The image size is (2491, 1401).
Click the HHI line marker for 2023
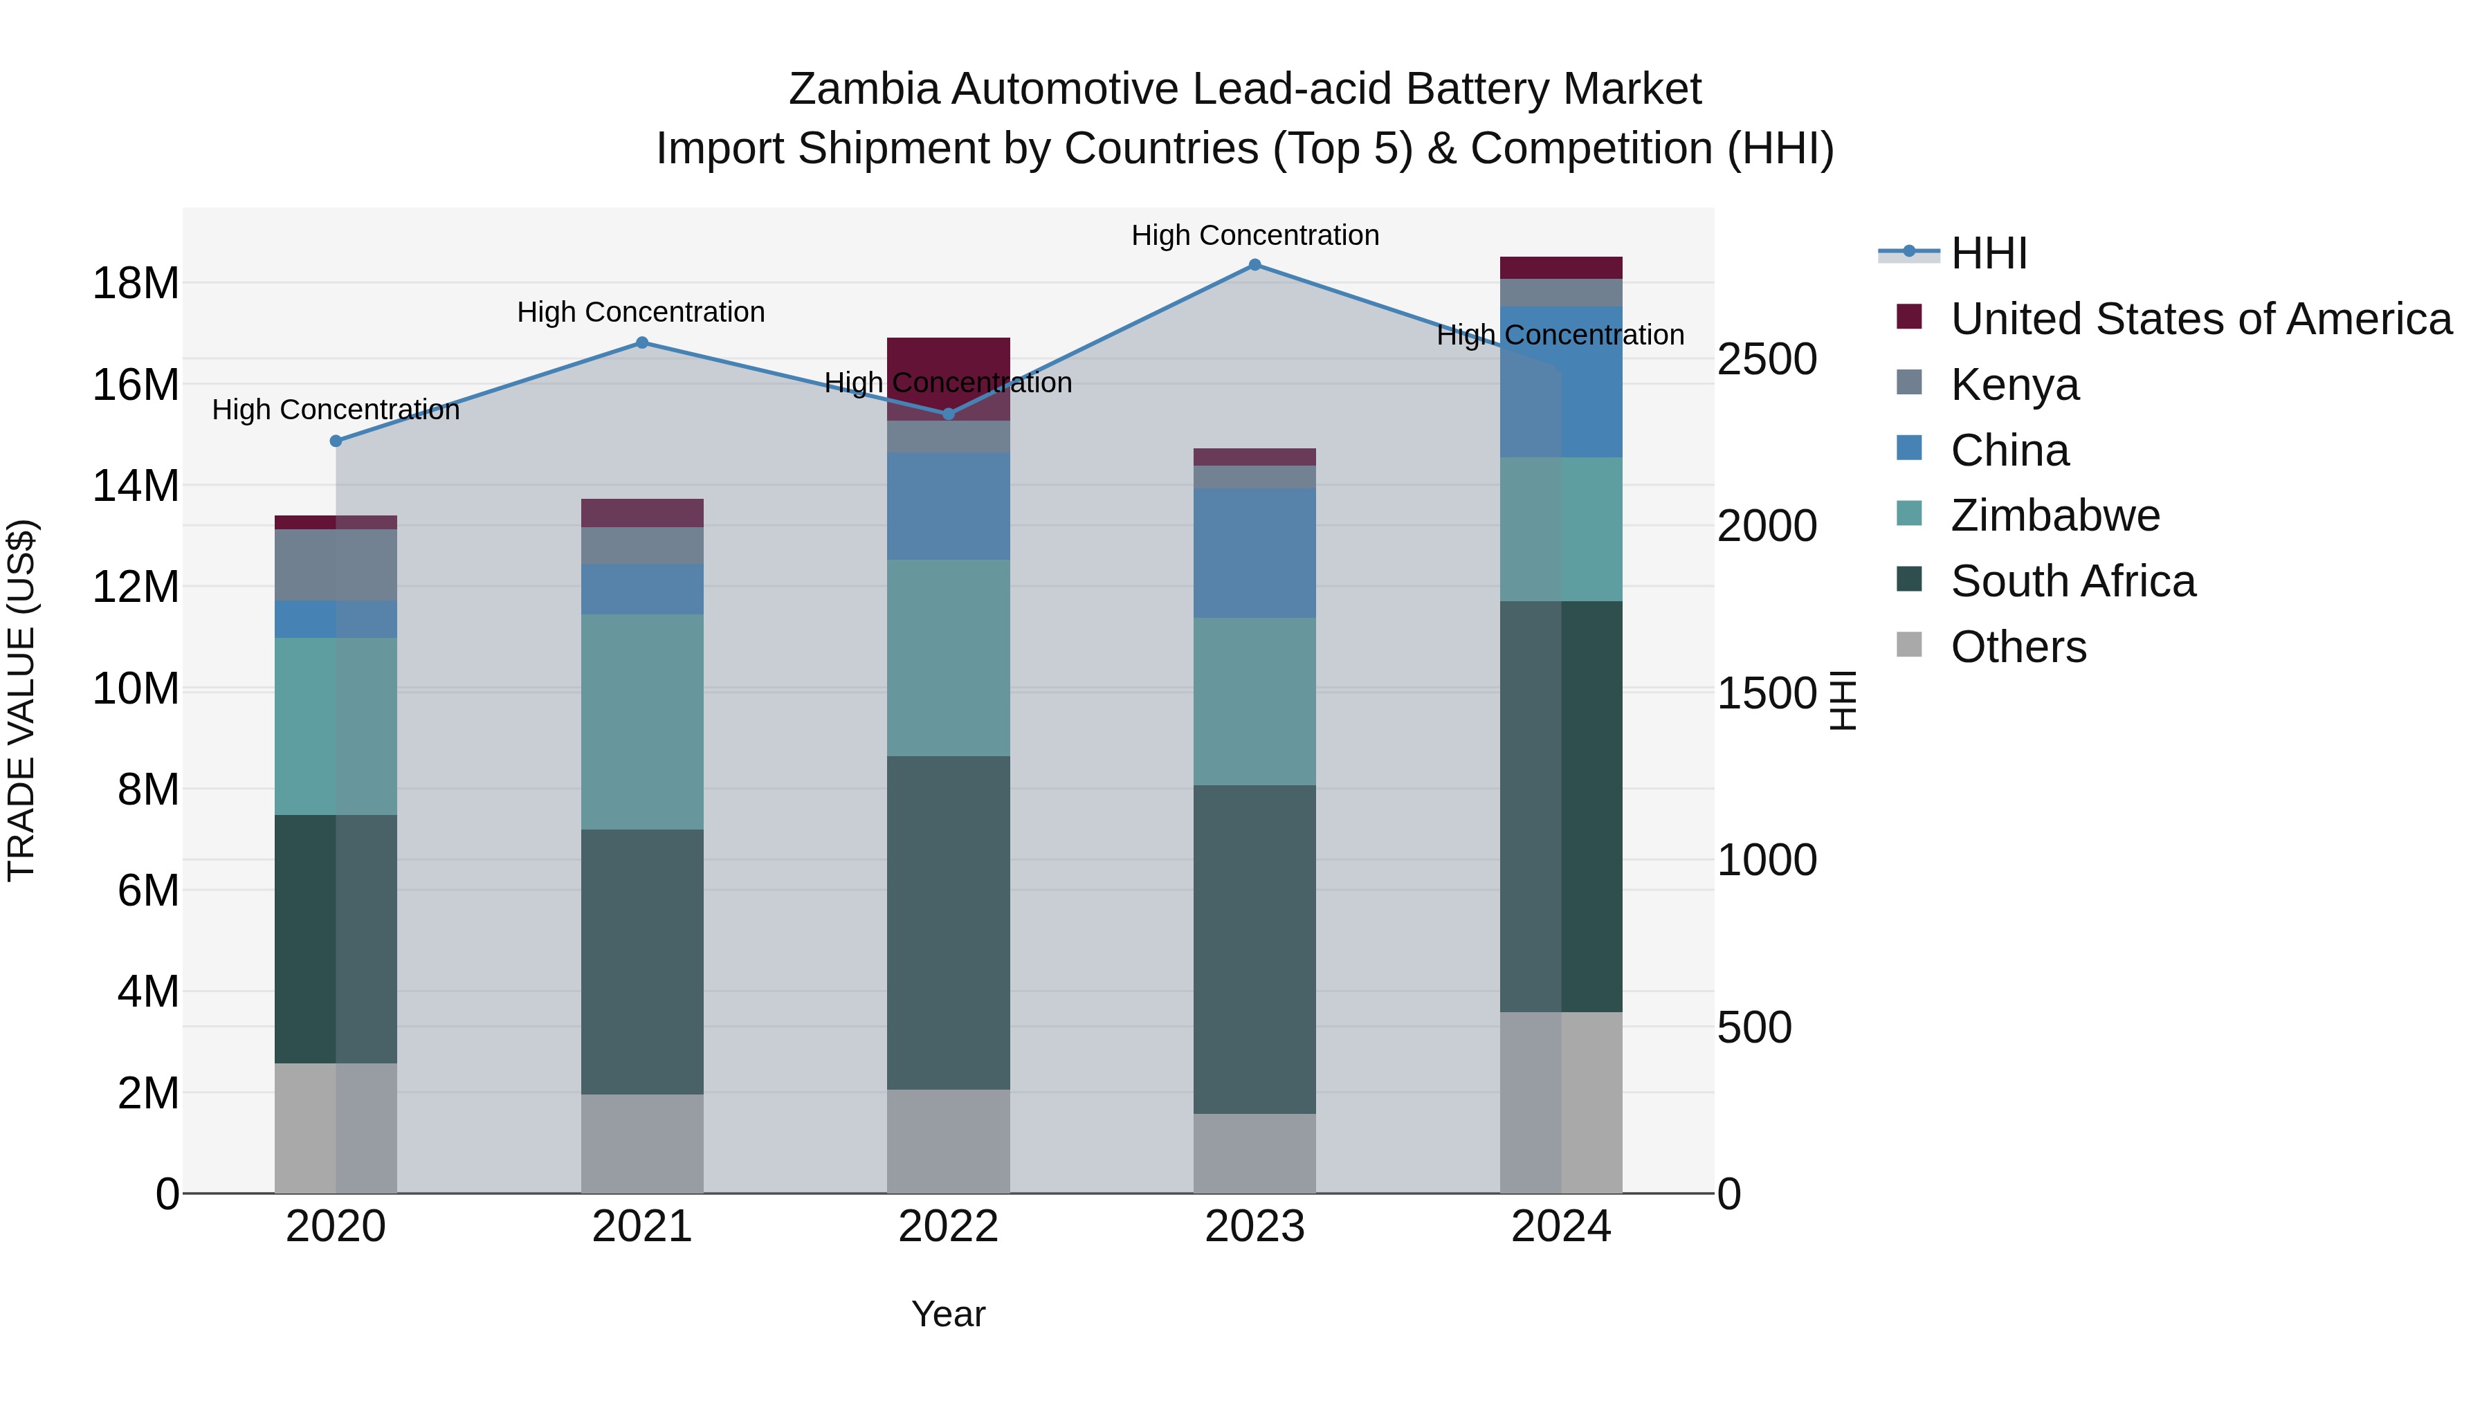click(x=1254, y=265)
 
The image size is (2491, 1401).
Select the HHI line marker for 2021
click(x=642, y=342)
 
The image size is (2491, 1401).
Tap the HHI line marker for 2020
click(x=336, y=441)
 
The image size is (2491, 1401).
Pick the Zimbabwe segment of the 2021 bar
click(x=642, y=722)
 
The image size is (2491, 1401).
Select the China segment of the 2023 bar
click(x=1254, y=553)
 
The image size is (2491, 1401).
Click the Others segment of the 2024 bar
click(x=1561, y=1102)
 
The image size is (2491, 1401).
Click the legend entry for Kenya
click(x=2014, y=385)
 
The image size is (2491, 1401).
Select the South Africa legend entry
click(x=2072, y=581)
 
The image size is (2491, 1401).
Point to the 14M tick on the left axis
click(x=136, y=486)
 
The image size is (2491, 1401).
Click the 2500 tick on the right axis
click(x=1767, y=360)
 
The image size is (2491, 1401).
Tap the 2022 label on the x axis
click(x=948, y=1227)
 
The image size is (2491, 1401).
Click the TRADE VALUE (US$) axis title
click(x=21, y=700)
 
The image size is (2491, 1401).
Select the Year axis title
click(x=948, y=1314)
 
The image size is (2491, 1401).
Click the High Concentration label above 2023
click(x=1254, y=235)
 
